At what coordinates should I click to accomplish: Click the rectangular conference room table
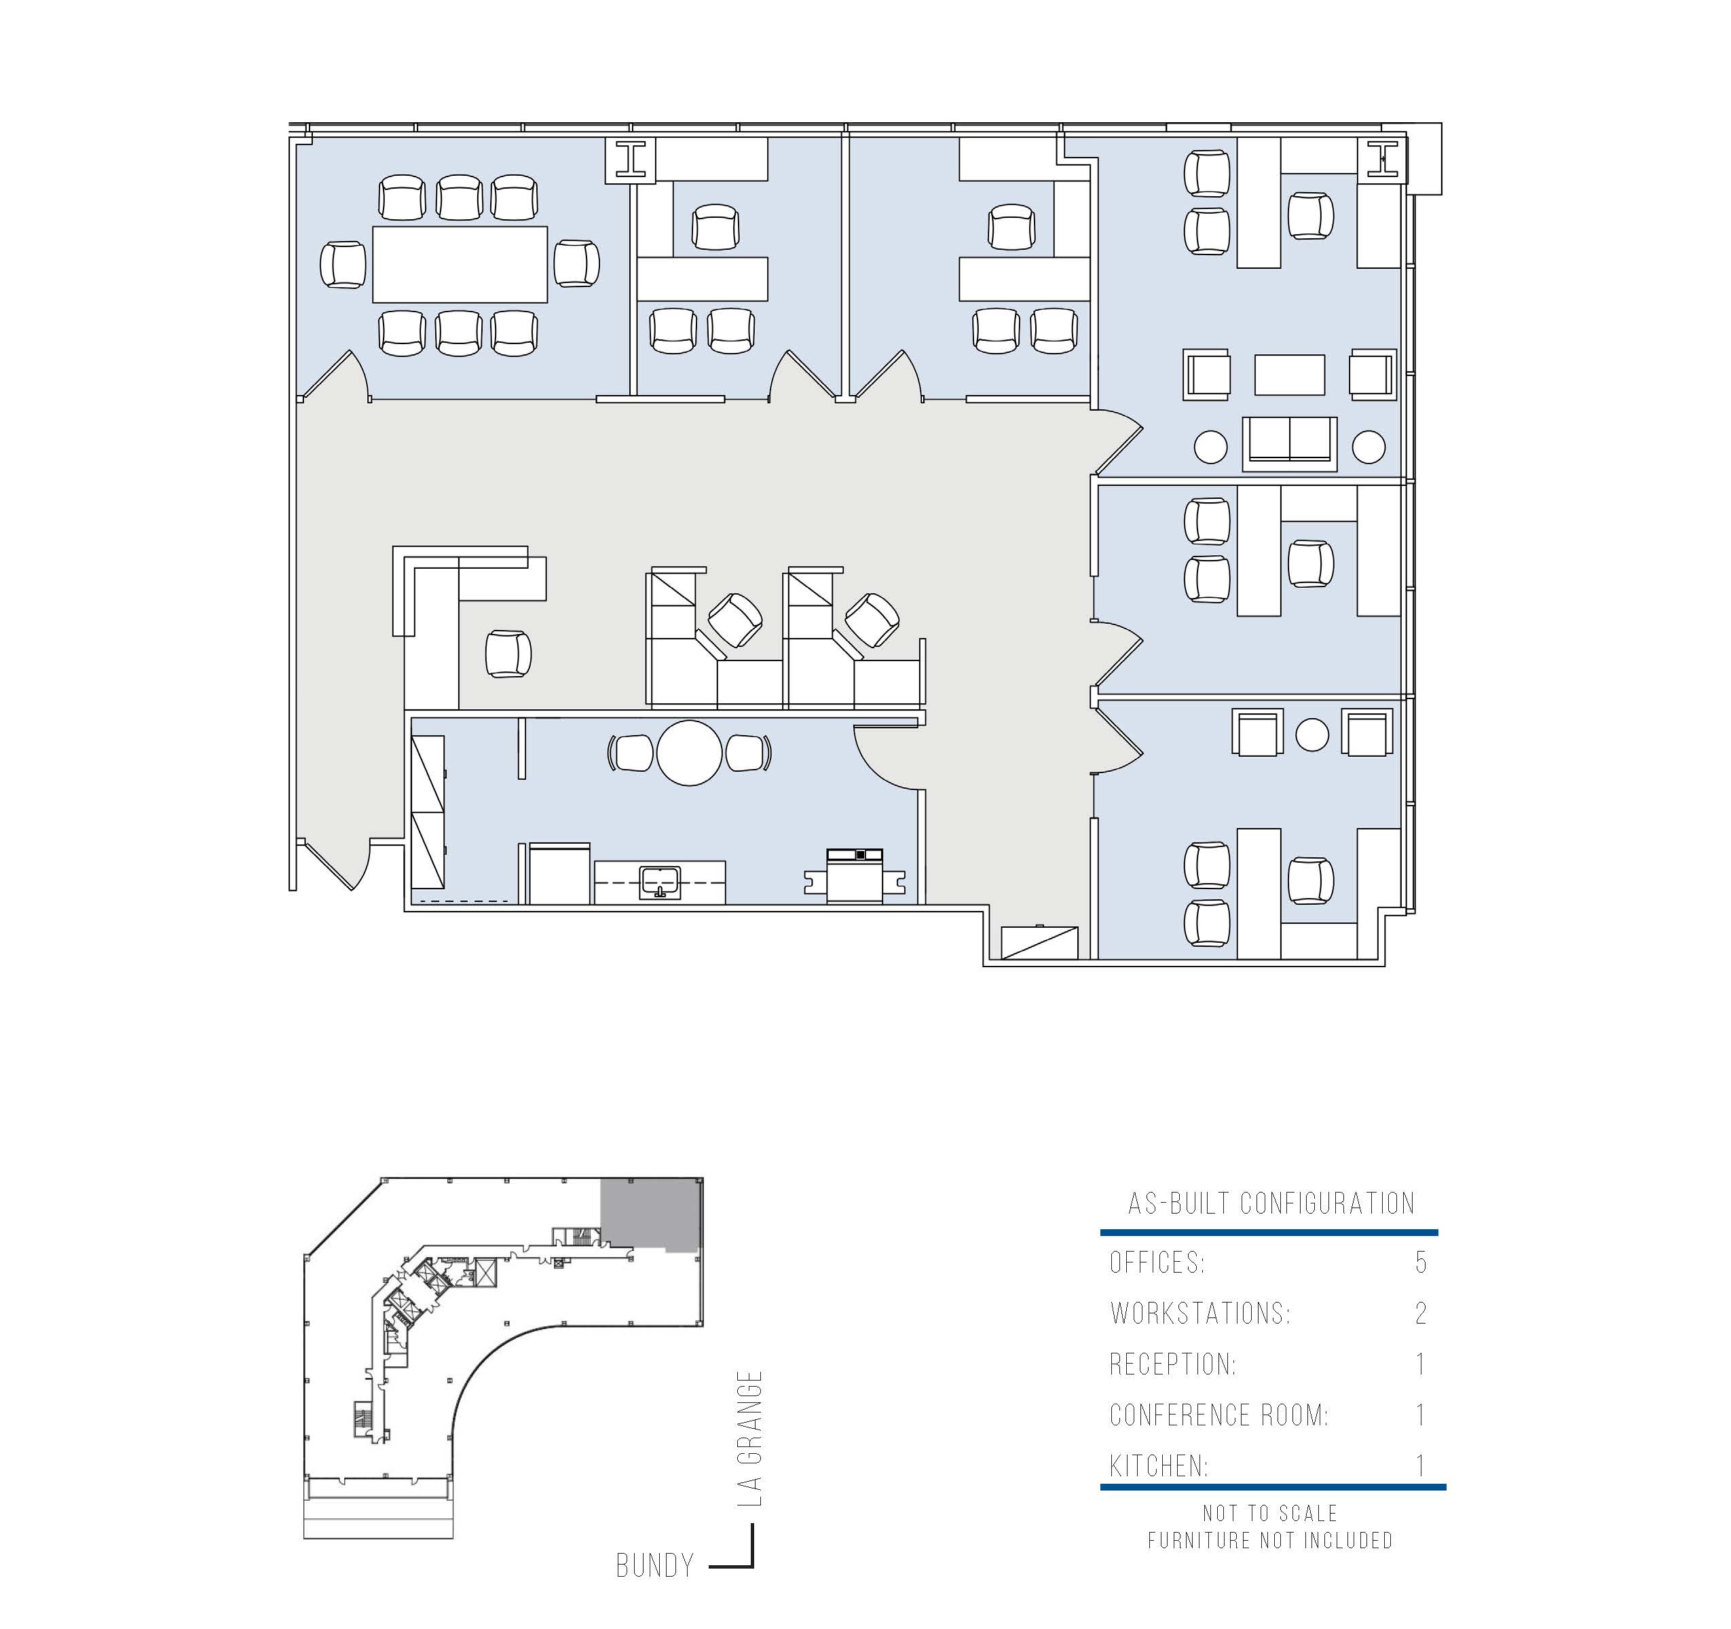pyautogui.click(x=460, y=264)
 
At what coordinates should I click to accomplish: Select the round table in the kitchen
pyautogui.click(x=690, y=753)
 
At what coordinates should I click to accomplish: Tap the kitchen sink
pyautogui.click(x=660, y=882)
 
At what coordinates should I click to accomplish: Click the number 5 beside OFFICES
pyautogui.click(x=1421, y=1262)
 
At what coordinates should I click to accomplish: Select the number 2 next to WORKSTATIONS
pyautogui.click(x=1421, y=1313)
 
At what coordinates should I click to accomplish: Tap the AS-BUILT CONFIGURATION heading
pyautogui.click(x=1271, y=1203)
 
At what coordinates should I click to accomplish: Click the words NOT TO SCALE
pyautogui.click(x=1270, y=1513)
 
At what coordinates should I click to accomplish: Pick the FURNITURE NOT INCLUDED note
pyautogui.click(x=1270, y=1540)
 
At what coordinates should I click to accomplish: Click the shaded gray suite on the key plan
pyautogui.click(x=650, y=1214)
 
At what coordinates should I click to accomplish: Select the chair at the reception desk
pyautogui.click(x=508, y=654)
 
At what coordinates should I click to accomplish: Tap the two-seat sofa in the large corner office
pyautogui.click(x=1290, y=444)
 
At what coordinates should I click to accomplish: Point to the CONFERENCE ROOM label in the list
pyautogui.click(x=1219, y=1415)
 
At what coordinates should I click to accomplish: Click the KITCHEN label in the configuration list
pyautogui.click(x=1159, y=1466)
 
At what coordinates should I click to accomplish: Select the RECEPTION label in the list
pyautogui.click(x=1173, y=1364)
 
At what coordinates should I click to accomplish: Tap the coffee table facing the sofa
pyautogui.click(x=1290, y=375)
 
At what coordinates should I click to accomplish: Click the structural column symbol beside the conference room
pyautogui.click(x=631, y=160)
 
